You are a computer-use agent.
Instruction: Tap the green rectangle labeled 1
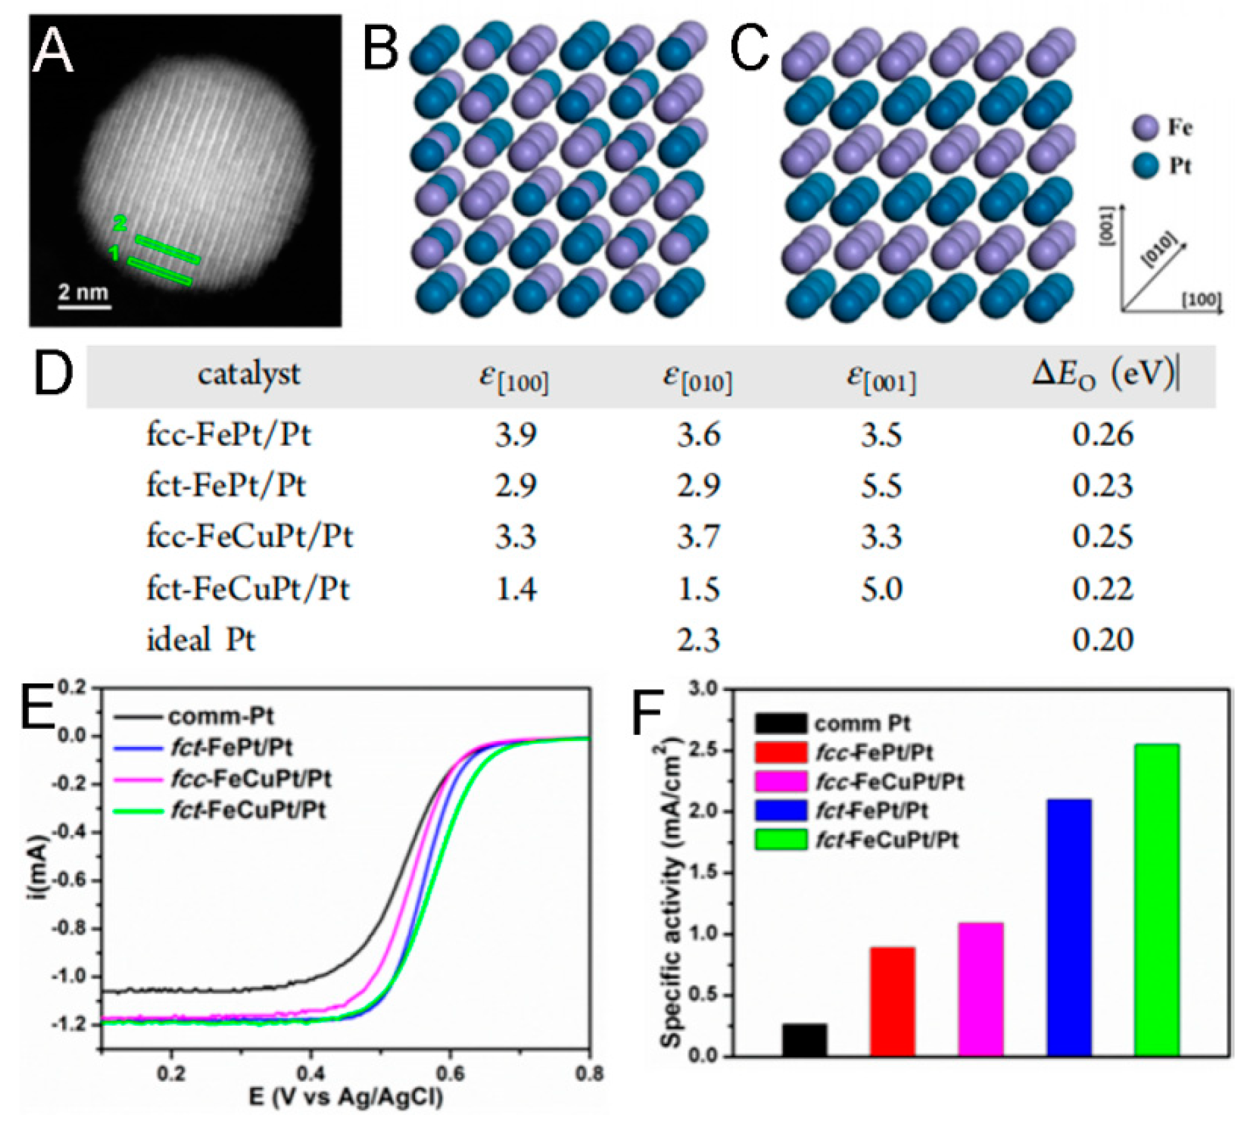click(x=160, y=271)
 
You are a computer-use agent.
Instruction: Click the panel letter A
click(x=53, y=52)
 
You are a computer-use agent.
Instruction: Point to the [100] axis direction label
click(x=1201, y=300)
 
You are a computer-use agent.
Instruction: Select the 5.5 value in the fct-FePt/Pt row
click(x=881, y=486)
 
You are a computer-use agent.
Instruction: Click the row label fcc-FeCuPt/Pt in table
click(x=249, y=536)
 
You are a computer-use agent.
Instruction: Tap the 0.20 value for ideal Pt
click(x=1103, y=640)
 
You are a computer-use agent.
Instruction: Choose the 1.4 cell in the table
click(x=516, y=588)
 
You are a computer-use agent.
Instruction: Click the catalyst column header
click(x=249, y=375)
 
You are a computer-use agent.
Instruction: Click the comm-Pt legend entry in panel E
click(x=221, y=717)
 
